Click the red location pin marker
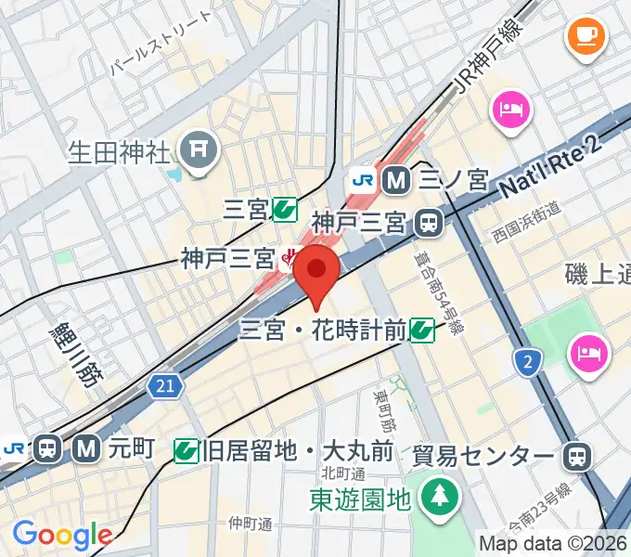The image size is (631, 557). point(316,272)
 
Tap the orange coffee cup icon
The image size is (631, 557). point(585,36)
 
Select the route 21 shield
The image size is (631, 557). point(164,383)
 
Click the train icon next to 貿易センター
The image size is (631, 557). point(576,456)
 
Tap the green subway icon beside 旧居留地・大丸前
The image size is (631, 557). point(187,452)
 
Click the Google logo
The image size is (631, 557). point(61,535)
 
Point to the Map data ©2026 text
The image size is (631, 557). point(553,543)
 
